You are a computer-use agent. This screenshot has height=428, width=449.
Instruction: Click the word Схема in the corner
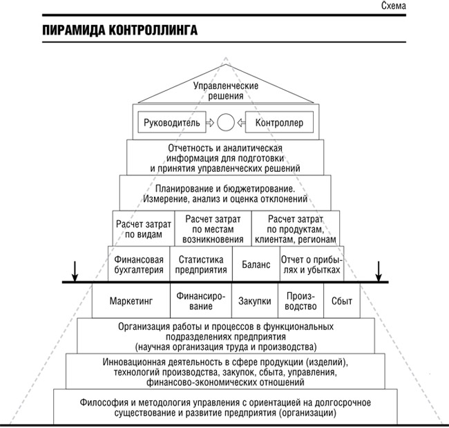(x=393, y=6)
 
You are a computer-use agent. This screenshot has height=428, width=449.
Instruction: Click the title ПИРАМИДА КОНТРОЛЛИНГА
(x=120, y=30)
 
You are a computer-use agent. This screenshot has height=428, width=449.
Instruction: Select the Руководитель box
(x=172, y=122)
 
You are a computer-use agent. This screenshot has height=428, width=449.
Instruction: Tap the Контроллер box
(x=279, y=122)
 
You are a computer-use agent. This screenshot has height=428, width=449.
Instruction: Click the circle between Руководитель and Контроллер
(x=226, y=122)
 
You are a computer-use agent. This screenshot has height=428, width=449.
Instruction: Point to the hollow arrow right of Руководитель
(x=210, y=122)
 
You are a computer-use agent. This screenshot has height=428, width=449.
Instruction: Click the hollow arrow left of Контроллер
(x=241, y=122)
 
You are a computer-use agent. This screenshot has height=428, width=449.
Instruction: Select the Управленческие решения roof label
(x=226, y=90)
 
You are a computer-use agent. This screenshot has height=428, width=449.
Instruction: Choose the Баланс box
(x=256, y=264)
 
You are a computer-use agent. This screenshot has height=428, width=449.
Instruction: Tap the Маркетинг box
(x=131, y=300)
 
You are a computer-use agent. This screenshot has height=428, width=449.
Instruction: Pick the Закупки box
(x=255, y=300)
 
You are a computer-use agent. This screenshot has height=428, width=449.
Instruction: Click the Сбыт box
(x=342, y=300)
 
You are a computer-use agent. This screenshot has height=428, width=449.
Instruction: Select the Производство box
(x=300, y=300)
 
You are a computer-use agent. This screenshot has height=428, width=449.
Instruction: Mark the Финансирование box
(x=201, y=300)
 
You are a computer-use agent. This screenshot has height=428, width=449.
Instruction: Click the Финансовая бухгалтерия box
(x=139, y=264)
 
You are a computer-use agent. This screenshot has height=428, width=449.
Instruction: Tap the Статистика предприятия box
(x=201, y=264)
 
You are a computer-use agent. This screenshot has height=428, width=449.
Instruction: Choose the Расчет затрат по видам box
(x=144, y=228)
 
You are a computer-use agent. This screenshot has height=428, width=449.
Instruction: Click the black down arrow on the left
(x=75, y=271)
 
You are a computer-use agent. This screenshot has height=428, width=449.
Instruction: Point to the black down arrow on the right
(x=379, y=271)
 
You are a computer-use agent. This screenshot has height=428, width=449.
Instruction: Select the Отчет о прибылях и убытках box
(x=312, y=264)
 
